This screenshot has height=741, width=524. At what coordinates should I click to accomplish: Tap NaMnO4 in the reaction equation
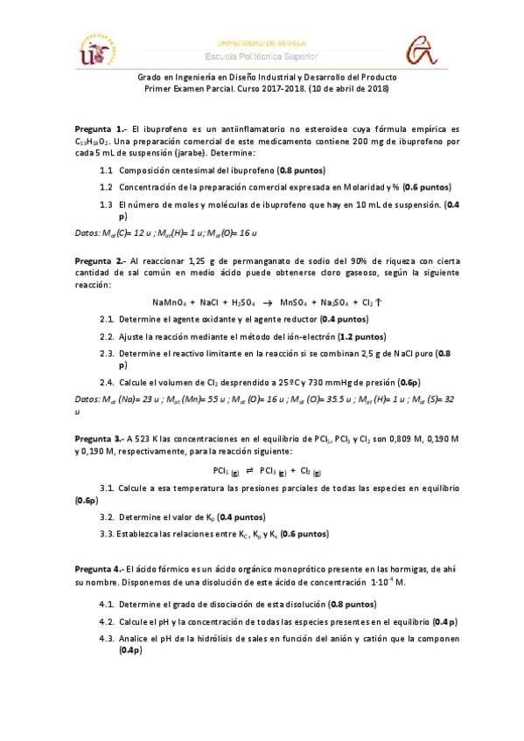[171, 302]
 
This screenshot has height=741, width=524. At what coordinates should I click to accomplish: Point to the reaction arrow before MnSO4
[267, 302]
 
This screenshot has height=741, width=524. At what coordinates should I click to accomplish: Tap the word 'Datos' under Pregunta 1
[87, 232]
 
